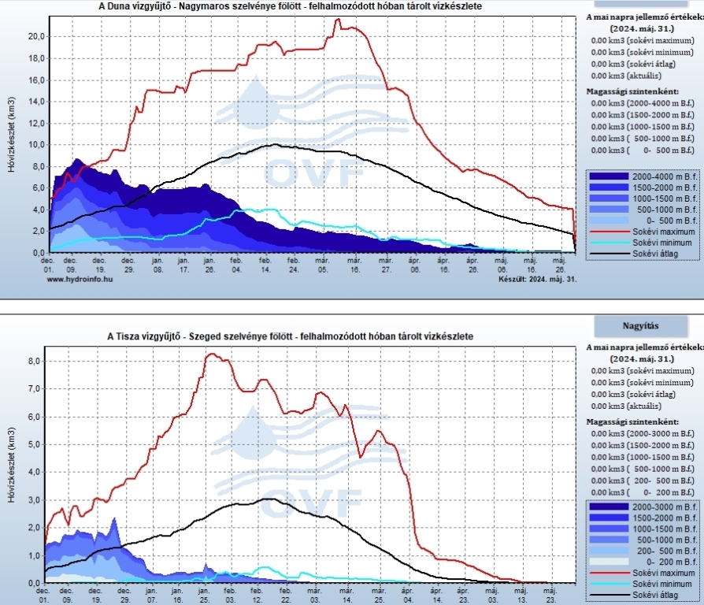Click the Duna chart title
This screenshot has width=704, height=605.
[x=291, y=6]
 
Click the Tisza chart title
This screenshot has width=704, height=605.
[x=289, y=336]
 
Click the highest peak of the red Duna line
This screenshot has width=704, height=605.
[x=339, y=20]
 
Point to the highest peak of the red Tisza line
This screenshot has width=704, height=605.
[x=211, y=354]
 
